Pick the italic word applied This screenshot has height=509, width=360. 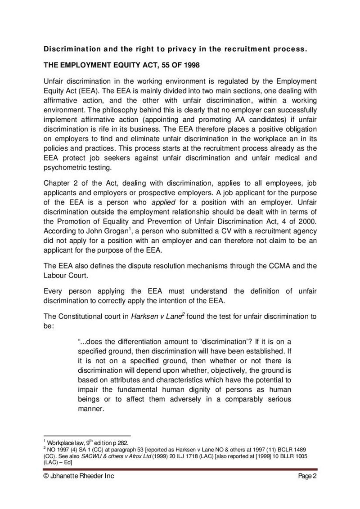pyautogui.click(x=163, y=202)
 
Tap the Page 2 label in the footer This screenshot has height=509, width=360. pyautogui.click(x=308, y=477)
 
